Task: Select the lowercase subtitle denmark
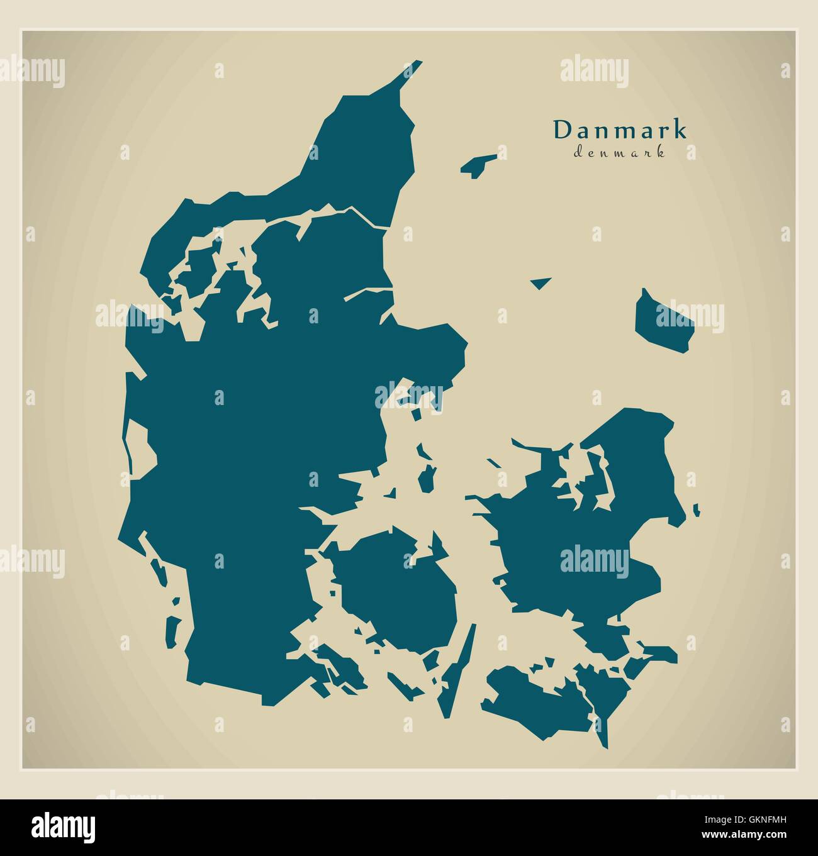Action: [x=620, y=152]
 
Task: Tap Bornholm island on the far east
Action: [x=663, y=320]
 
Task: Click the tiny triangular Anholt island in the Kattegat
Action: [x=540, y=282]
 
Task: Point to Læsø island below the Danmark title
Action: [x=479, y=165]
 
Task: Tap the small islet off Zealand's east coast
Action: [x=697, y=510]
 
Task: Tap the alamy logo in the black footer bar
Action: [x=64, y=826]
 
